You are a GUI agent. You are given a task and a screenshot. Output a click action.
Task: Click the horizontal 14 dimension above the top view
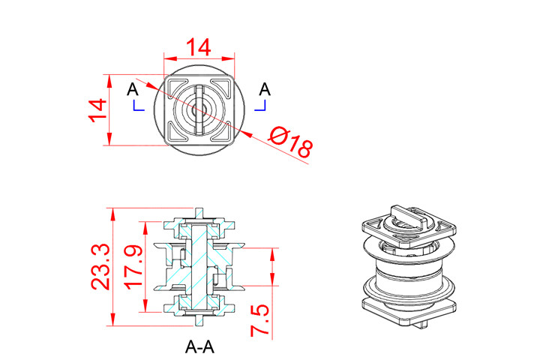point(199,47)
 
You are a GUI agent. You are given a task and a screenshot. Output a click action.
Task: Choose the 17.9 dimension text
point(133,267)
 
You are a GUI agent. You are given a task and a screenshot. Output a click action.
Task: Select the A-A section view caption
point(199,347)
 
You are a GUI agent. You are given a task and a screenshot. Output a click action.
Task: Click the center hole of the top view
point(199,109)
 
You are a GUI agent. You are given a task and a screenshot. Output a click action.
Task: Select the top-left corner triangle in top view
point(178,87)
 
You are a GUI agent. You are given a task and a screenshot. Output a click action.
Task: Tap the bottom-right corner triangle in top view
point(221,132)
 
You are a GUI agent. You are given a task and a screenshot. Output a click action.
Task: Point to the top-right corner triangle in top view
point(221,87)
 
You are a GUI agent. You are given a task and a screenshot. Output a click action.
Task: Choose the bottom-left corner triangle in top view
point(178,132)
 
